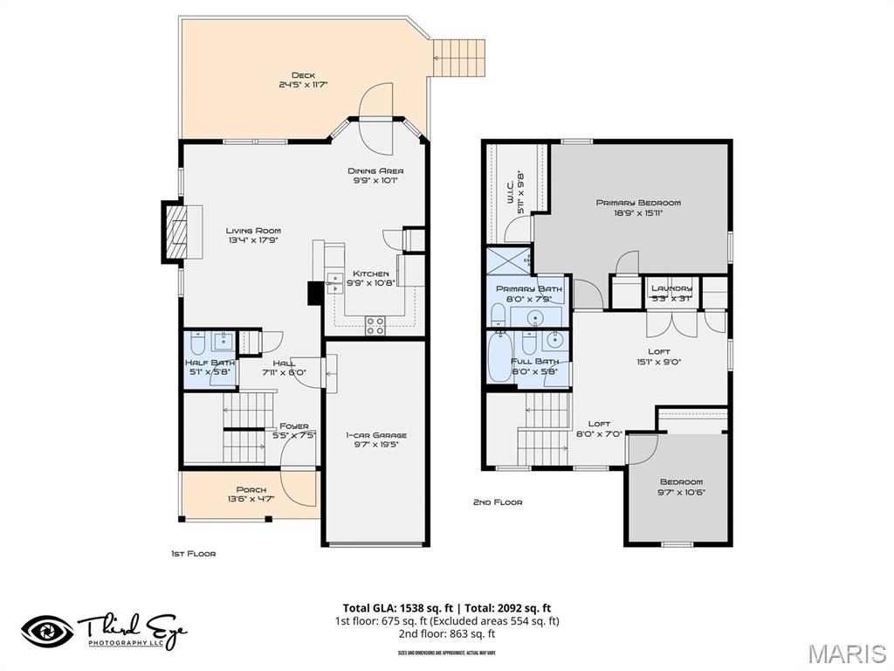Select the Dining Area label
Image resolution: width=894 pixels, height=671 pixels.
pyautogui.click(x=375, y=171)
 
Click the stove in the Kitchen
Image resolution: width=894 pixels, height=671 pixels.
pyautogui.click(x=375, y=326)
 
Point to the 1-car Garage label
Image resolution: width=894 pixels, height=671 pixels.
pyautogui.click(x=375, y=435)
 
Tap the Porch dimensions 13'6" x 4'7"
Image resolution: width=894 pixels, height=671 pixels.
pyautogui.click(x=251, y=499)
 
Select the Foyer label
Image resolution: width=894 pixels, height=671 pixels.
pyautogui.click(x=293, y=426)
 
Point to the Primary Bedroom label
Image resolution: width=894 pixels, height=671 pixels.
pyautogui.click(x=638, y=203)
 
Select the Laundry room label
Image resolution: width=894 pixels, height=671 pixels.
pyautogui.click(x=671, y=288)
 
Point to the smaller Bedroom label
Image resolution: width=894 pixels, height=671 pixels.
pyautogui.click(x=681, y=482)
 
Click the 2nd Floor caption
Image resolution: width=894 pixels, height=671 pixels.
pyautogui.click(x=498, y=502)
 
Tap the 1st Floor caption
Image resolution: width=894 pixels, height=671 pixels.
pyautogui.click(x=193, y=553)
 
